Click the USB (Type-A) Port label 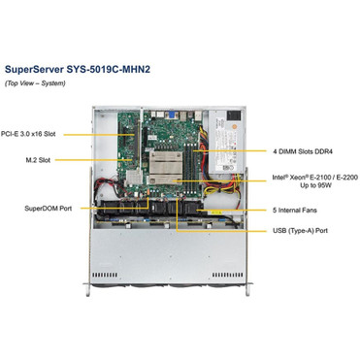[x=302, y=231]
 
